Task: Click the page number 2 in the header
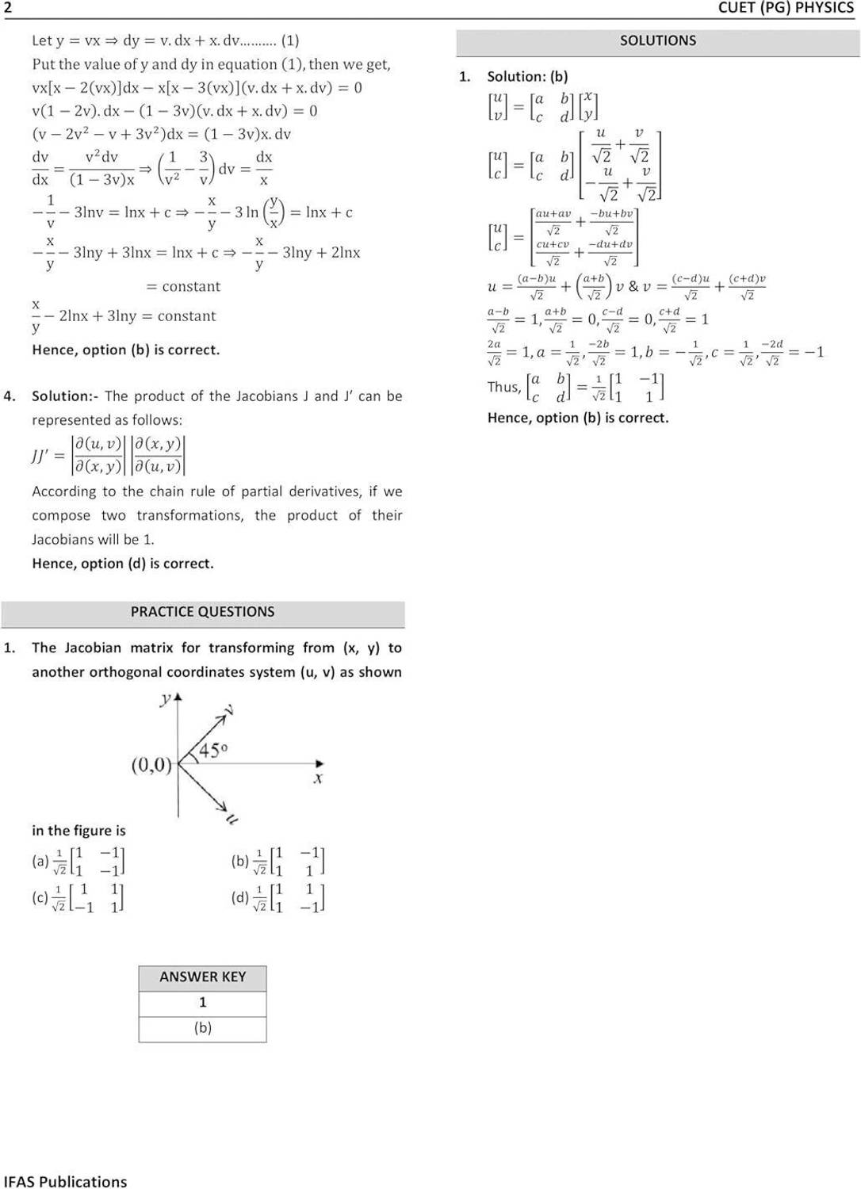[x=7, y=8]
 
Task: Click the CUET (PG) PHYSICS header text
[x=785, y=8]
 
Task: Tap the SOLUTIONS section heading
[x=657, y=40]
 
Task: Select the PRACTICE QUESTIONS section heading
[x=202, y=612]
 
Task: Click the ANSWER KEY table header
[x=202, y=977]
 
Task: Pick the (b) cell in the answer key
[x=202, y=1027]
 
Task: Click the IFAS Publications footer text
[x=65, y=1181]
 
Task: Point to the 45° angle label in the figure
[x=212, y=750]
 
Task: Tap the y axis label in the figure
[x=166, y=699]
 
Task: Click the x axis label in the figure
[x=317, y=779]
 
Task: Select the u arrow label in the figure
[x=232, y=819]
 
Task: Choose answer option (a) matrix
[x=89, y=861]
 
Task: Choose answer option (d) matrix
[x=289, y=898]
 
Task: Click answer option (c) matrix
[x=89, y=898]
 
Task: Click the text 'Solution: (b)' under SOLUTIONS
[x=527, y=77]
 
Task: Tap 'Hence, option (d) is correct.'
[x=123, y=564]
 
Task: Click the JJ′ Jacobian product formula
[x=109, y=455]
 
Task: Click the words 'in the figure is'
[x=78, y=831]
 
